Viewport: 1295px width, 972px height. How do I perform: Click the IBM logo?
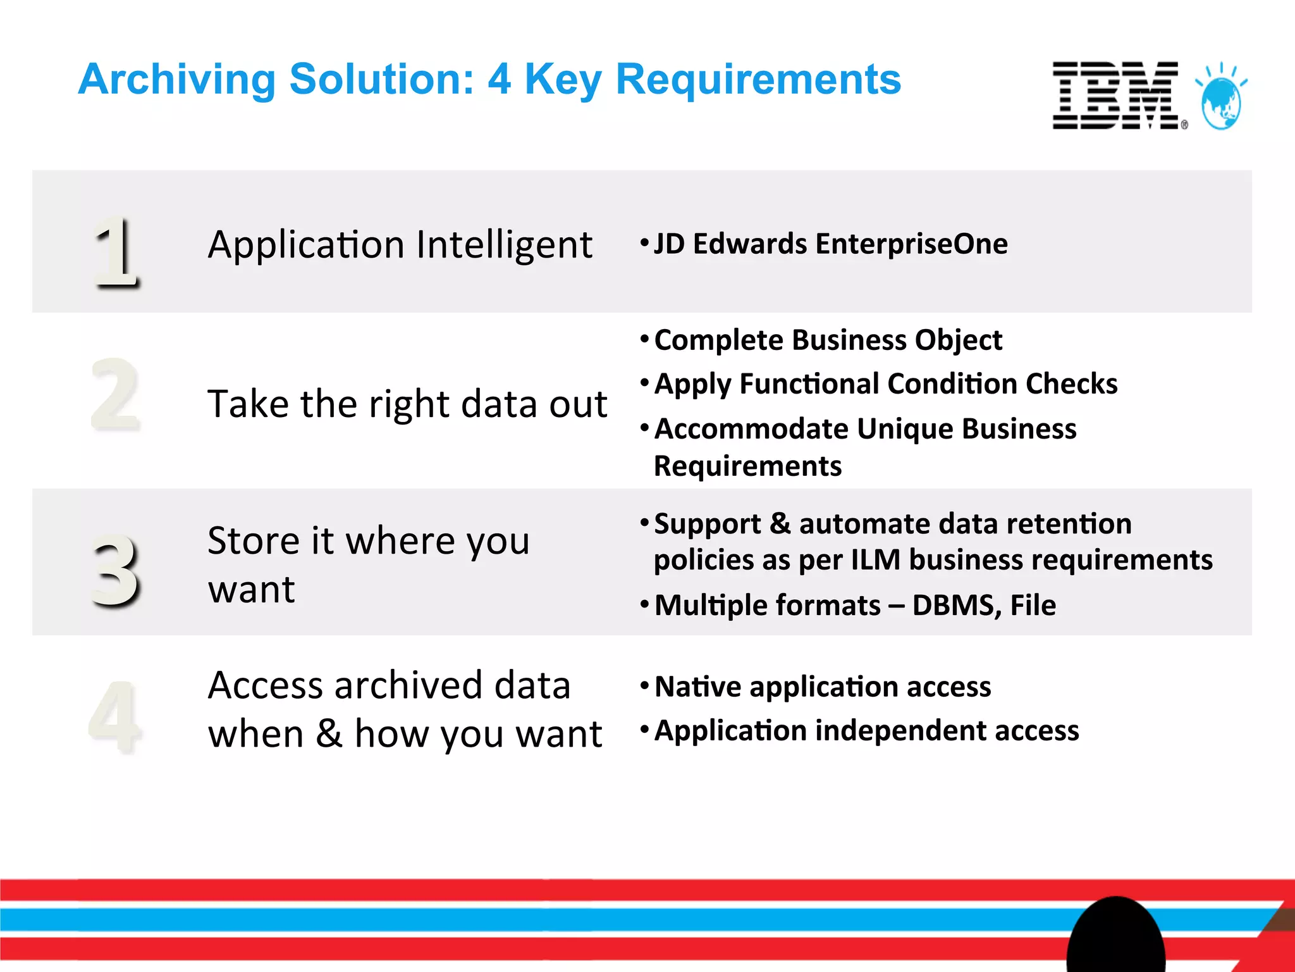(x=1116, y=96)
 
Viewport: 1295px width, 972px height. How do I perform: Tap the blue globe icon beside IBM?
(x=1221, y=98)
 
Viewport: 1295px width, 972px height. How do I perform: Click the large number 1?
(x=116, y=251)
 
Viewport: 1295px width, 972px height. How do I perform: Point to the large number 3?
(x=115, y=569)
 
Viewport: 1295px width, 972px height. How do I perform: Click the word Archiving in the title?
(x=177, y=80)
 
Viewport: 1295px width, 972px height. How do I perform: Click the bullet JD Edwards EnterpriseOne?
(x=830, y=244)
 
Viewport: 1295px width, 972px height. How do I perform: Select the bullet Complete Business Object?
(x=828, y=340)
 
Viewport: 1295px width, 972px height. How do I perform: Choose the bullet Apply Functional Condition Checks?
(x=885, y=384)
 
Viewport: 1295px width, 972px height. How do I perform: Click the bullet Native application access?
(x=822, y=687)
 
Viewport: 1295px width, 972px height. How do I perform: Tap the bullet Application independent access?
(x=866, y=731)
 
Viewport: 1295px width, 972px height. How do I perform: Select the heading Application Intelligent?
(x=400, y=245)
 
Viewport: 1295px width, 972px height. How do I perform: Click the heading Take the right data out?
(x=407, y=404)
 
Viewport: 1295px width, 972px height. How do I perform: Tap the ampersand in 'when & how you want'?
(x=329, y=734)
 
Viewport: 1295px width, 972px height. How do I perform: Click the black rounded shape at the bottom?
(x=1116, y=937)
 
